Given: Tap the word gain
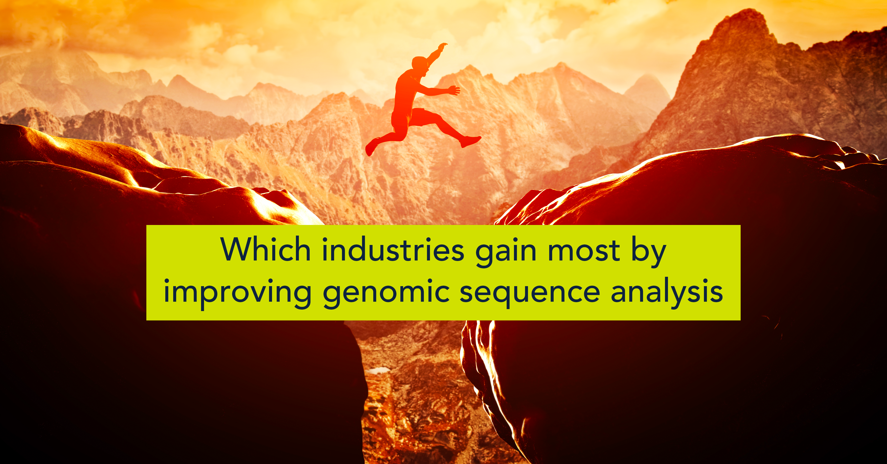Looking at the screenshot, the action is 506,252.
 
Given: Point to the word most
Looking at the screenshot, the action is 584,250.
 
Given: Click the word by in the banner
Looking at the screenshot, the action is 649,252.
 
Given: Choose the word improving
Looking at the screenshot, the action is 238,294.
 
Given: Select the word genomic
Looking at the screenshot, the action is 386,294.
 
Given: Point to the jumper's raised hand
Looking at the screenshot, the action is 443,46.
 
